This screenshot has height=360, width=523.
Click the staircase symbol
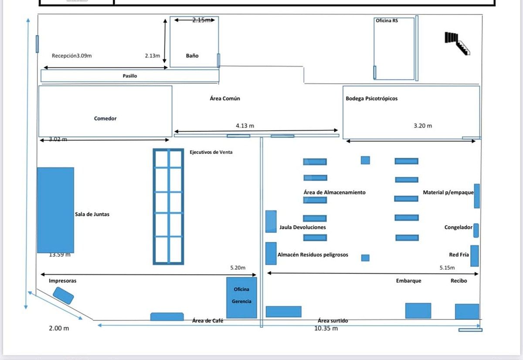(x=457, y=44)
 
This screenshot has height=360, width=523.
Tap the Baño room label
(x=192, y=56)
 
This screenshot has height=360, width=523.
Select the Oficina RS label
(x=387, y=20)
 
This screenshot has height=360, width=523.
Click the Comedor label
(x=105, y=119)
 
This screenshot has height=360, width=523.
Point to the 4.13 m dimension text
(x=245, y=126)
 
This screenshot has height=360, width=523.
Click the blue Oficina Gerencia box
(x=241, y=298)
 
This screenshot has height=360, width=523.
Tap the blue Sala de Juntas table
(x=56, y=210)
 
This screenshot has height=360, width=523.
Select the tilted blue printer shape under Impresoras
(x=63, y=295)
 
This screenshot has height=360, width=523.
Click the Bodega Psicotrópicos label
(x=371, y=98)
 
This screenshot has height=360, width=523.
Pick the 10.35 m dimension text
(x=326, y=328)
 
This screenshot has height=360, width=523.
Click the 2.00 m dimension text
(x=59, y=328)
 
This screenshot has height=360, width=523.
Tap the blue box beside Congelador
(x=476, y=231)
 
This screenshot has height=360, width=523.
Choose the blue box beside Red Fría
(x=475, y=256)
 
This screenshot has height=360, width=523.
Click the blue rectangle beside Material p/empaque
(x=477, y=196)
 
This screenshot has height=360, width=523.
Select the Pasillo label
(x=130, y=76)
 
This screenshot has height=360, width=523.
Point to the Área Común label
(x=225, y=98)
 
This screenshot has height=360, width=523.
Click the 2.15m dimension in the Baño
(x=201, y=20)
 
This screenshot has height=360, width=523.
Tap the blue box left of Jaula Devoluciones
(x=271, y=221)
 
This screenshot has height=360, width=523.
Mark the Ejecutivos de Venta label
(x=211, y=152)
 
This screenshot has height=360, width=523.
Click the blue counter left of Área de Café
(x=167, y=316)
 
